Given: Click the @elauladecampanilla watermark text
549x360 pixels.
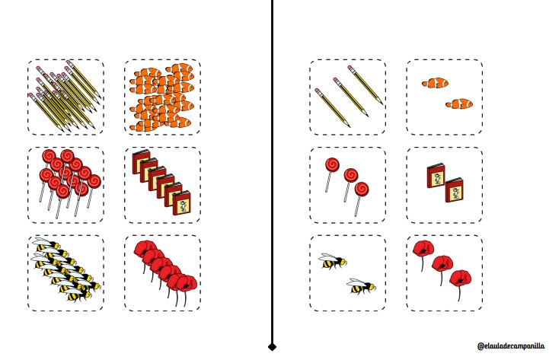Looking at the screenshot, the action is coord(511,346).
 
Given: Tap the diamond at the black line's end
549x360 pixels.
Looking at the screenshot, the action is coord(272,347).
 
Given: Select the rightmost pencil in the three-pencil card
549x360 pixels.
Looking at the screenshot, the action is coord(365,85).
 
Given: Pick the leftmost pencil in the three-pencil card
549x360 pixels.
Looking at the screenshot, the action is coord(332,108).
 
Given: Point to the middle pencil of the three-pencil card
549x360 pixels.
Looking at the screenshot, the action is coord(350,97).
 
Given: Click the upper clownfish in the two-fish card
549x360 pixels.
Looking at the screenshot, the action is coord(435,83).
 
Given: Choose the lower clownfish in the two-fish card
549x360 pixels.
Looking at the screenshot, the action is coord(459,104).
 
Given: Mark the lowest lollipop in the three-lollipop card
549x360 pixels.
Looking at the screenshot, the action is coord(360,198).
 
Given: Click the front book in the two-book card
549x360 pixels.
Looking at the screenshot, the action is coord(454,190).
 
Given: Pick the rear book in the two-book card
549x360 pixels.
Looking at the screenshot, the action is coord(436,175).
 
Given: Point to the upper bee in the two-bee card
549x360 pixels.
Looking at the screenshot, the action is coord(333,261).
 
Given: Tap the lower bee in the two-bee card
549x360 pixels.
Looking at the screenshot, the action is coord(362,286).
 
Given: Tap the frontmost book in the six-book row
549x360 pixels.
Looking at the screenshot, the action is coord(182,202).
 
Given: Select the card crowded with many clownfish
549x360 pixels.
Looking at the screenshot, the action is coord(162,97).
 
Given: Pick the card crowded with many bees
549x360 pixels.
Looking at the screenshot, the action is coord(65,273).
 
